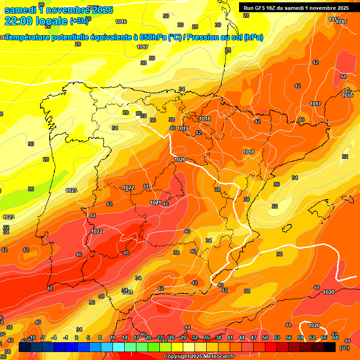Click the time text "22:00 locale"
[36, 21]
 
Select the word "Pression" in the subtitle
[205, 37]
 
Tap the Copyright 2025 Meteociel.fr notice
[199, 357]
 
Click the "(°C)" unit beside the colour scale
[344, 348]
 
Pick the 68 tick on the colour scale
[336, 337]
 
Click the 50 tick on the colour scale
[265, 337]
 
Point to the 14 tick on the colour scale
[125, 337]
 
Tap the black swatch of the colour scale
[330, 347]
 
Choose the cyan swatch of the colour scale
[119, 347]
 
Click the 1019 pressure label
[183, 128]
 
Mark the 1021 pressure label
[156, 202]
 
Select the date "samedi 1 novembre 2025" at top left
[58, 10]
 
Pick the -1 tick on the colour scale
[66, 337]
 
